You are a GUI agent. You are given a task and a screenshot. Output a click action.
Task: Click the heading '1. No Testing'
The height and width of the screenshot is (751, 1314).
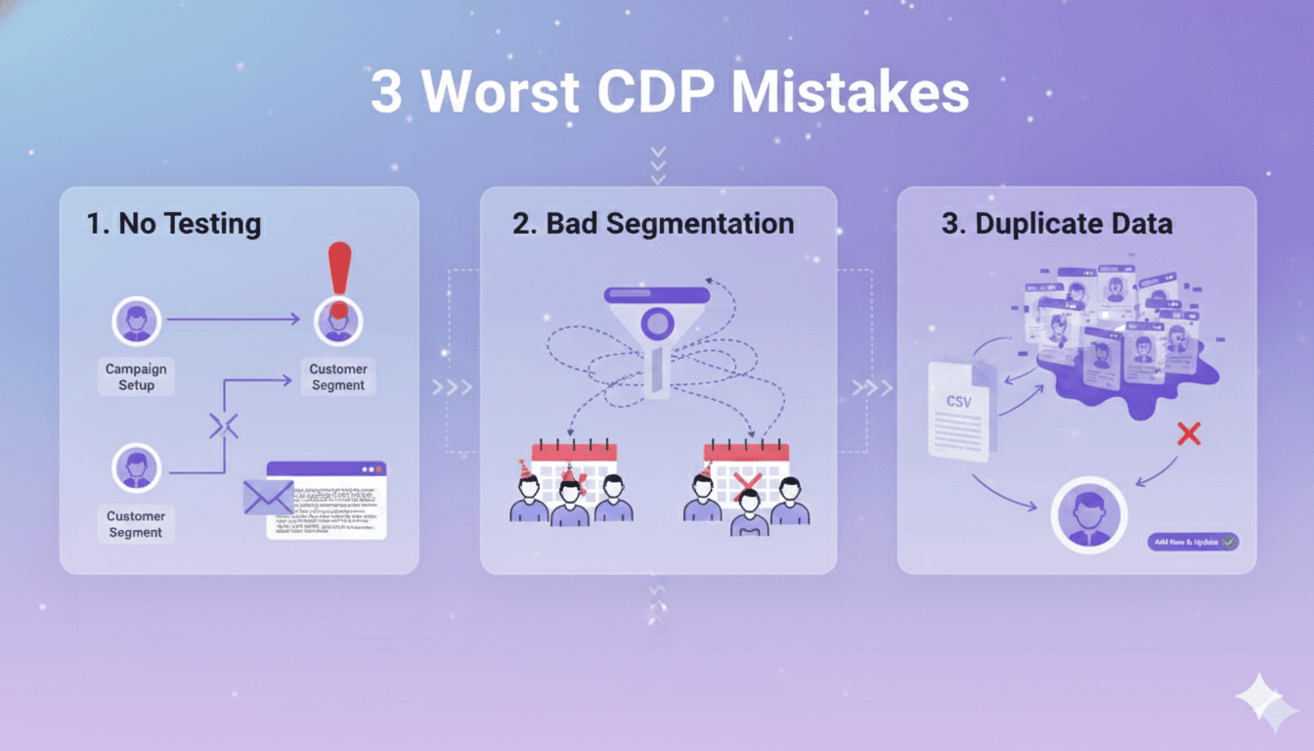coord(174,224)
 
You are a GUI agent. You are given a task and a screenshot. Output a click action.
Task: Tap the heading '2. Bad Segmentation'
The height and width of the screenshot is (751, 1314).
coord(653,224)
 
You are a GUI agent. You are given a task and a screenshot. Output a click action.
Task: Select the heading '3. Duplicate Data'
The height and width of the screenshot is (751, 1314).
coord(1057,224)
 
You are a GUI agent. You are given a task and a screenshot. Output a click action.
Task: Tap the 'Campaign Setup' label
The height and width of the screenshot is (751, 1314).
coord(136,377)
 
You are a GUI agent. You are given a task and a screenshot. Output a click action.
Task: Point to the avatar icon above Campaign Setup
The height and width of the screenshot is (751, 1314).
coord(136,321)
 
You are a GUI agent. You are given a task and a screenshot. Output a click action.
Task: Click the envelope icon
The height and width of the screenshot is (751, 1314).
coord(269,497)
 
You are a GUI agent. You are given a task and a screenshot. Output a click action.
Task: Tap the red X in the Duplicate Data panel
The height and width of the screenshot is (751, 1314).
coord(1189,434)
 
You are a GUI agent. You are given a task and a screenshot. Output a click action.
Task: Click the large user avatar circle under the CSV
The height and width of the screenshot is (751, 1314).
coord(1088,515)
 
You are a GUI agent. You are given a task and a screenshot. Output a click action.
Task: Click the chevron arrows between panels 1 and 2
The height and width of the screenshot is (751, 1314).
coord(452,388)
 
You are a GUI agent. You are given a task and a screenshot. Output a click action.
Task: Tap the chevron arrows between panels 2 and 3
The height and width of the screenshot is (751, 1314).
coord(872,388)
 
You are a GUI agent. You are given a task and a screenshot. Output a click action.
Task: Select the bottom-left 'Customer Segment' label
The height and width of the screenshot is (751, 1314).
coord(136,524)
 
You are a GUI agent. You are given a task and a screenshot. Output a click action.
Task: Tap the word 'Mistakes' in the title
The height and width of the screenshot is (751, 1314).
coord(850,93)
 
